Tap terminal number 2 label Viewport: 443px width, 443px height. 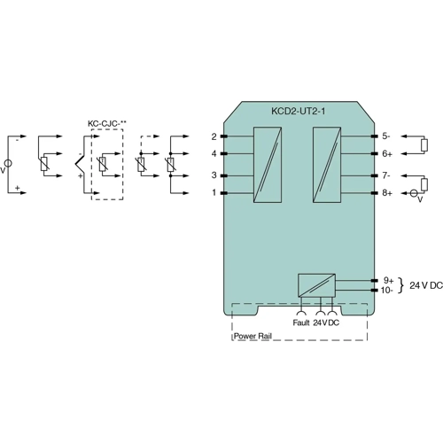(x=214, y=136)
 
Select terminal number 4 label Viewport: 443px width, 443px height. (x=214, y=153)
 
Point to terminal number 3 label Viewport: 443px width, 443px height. (x=214, y=175)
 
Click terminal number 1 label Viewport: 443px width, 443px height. (x=214, y=192)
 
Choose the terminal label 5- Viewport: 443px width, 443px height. (x=386, y=136)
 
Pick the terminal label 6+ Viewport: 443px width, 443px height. (x=387, y=153)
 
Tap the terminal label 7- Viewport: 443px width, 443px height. (x=386, y=175)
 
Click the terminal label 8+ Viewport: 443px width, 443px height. (x=387, y=192)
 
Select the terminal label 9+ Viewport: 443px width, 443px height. (x=387, y=280)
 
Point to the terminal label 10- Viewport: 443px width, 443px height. (x=387, y=290)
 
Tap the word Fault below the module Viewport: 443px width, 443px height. (x=300, y=323)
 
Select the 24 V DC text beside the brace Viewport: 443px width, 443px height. (x=426, y=285)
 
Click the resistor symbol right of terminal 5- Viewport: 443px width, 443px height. (x=424, y=144)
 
